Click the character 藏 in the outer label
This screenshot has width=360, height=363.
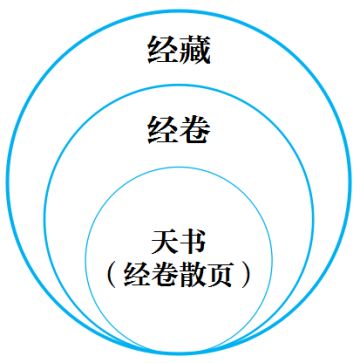point(193,51)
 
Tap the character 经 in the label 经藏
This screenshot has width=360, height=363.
point(163,51)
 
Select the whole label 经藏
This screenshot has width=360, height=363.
point(178,51)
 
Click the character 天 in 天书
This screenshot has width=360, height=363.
point(163,240)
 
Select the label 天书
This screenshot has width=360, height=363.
point(178,240)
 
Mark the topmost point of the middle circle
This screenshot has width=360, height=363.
point(179,84)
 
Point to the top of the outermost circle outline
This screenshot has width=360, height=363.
point(179,7)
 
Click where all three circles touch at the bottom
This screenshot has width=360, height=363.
point(179,357)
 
